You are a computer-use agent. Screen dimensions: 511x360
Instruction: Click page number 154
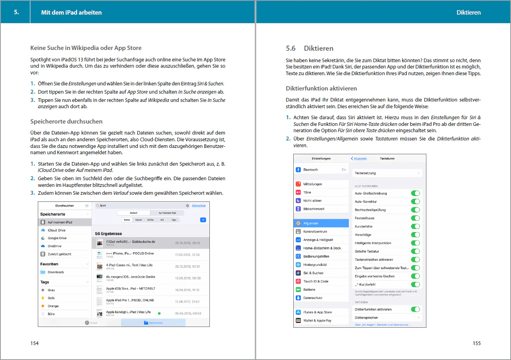tap(35, 343)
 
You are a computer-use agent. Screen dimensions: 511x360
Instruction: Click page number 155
tap(476, 343)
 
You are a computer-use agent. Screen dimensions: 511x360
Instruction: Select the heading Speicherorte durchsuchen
tap(67, 122)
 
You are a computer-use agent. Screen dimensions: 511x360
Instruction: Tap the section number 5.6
tap(291, 48)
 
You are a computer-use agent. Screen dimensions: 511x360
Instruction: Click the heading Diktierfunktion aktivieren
tap(321, 89)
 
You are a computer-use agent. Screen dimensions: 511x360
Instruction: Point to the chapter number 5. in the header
tap(17, 12)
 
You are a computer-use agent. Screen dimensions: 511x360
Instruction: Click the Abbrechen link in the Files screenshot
tap(198, 205)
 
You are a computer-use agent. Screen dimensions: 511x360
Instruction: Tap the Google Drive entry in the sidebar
tap(57, 238)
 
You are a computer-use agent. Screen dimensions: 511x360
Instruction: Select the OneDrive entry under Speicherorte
tap(54, 246)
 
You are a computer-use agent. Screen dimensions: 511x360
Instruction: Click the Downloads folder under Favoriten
tap(56, 272)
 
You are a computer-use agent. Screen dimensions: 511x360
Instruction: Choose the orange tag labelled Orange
tap(53, 306)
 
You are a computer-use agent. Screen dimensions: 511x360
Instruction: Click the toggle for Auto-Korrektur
tap(415, 201)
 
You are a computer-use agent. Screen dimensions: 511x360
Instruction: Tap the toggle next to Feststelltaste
tap(415, 218)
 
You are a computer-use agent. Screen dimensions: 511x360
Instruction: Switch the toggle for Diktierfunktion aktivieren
tap(415, 309)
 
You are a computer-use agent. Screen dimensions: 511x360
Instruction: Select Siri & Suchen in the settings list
tap(313, 273)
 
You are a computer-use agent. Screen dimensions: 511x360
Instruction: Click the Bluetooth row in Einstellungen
tap(311, 170)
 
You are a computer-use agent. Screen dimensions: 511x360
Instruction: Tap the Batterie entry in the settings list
tap(309, 290)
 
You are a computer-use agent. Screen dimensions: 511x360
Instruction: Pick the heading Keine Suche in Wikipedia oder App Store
tap(86, 48)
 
